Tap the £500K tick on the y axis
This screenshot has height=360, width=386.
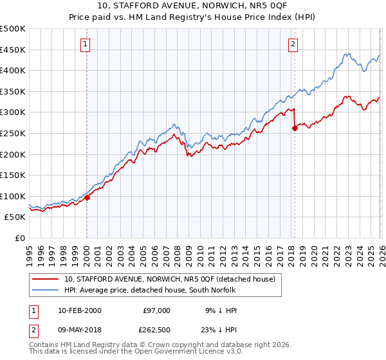13,29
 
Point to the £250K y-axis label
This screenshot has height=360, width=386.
13,133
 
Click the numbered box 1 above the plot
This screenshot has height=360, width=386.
86,44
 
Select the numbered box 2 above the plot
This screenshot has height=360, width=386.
293,44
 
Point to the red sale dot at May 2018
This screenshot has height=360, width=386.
295,128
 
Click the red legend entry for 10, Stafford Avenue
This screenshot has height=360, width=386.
170,279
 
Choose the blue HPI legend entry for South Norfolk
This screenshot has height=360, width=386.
150,290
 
